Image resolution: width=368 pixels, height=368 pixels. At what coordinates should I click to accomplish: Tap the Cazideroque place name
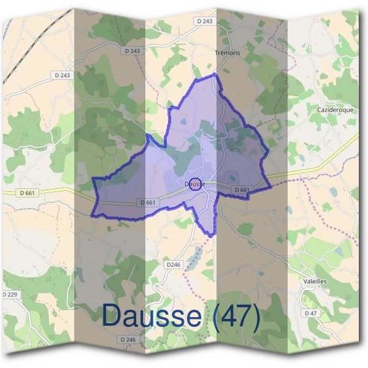coord(335,109)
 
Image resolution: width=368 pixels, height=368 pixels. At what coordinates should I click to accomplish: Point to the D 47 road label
coord(312,313)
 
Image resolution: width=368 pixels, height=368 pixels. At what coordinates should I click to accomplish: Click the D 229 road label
coord(10,294)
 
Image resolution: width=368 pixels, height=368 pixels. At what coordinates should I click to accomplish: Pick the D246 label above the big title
coord(174,264)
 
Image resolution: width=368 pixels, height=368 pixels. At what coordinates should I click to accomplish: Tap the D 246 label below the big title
coord(128,339)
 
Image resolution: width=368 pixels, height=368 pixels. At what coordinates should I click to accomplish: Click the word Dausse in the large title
coord(151,316)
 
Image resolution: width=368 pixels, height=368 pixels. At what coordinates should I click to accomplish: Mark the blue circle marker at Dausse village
coord(194,183)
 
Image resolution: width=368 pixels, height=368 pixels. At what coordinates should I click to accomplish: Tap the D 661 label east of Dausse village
coord(242,190)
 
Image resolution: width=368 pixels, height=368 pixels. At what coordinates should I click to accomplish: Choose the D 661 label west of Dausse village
coord(148,202)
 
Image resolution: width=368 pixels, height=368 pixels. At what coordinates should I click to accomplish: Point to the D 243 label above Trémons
coord(205,21)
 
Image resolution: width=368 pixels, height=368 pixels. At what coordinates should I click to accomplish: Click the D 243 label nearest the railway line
coord(61,75)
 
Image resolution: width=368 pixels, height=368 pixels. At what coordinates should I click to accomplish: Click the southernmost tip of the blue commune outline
coord(211,236)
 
